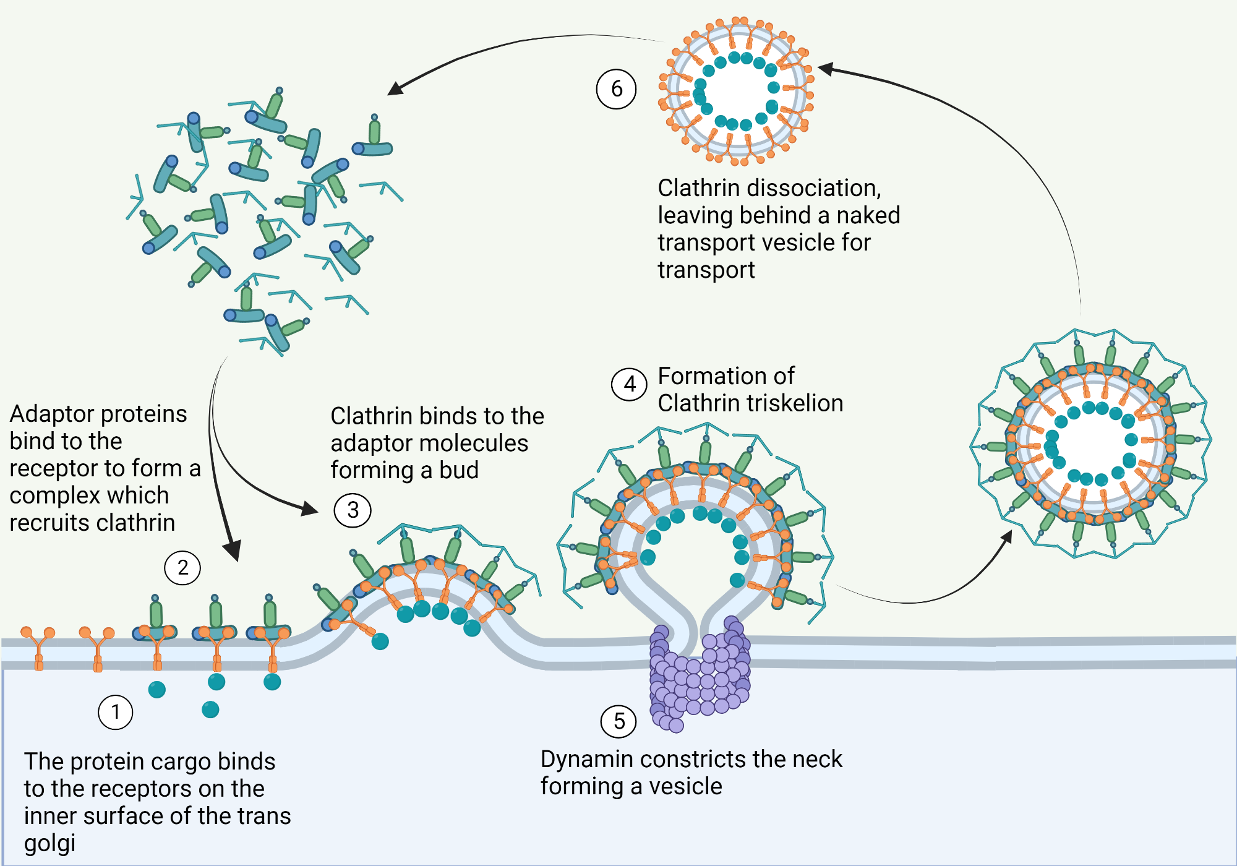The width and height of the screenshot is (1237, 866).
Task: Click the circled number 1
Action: coord(116,712)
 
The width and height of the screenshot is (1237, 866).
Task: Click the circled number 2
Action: coord(182,567)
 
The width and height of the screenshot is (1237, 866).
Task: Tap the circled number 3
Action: coord(353,510)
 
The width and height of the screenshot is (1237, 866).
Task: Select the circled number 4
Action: coord(630,384)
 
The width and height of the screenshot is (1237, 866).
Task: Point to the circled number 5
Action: coord(618,721)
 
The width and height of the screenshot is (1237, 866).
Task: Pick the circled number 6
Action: coord(616,89)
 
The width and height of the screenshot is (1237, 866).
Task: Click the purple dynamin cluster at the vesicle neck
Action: coord(699,674)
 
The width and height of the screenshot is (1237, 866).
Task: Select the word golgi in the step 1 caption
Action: coord(49,844)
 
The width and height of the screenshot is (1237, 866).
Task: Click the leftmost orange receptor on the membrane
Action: coord(38,646)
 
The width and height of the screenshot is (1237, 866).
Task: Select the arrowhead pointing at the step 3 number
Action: coord(310,508)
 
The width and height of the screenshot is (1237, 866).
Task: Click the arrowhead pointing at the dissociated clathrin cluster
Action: coord(395,89)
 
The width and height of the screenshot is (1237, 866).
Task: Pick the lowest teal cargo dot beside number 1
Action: coord(210,710)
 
